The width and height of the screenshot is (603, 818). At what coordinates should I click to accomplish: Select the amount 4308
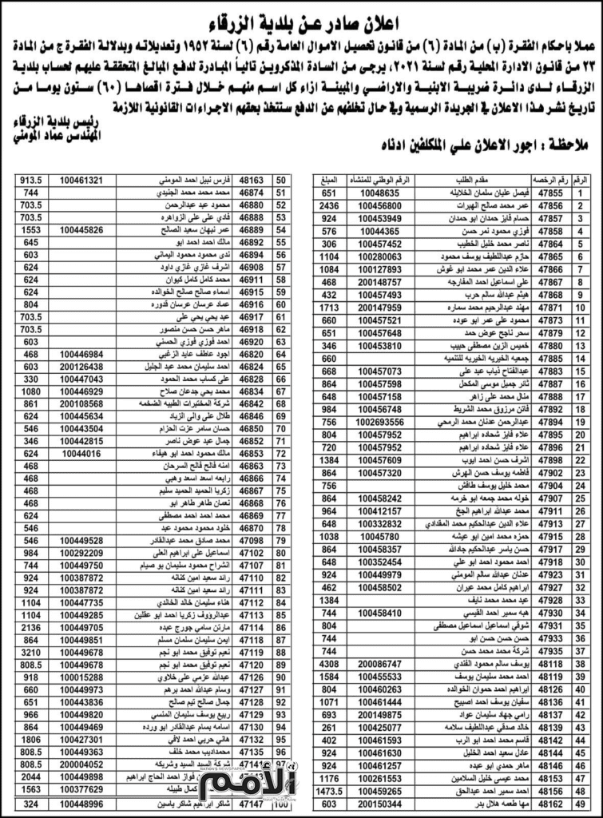328,663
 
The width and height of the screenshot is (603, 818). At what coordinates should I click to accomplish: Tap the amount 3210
31,652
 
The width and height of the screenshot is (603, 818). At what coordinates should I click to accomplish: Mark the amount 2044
31,776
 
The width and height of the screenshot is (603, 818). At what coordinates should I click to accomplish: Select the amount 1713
328,308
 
